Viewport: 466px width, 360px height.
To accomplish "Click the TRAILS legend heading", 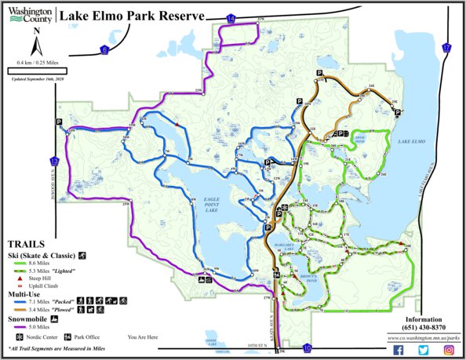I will (x=24, y=244).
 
